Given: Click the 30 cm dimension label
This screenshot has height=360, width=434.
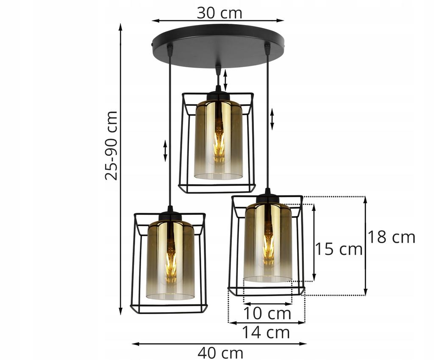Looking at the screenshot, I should pos(219,13).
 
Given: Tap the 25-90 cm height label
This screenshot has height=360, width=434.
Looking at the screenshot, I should pos(111,145).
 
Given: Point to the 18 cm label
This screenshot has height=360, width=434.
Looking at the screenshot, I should pos(391,237).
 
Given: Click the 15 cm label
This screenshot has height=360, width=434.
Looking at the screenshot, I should pos(338,249).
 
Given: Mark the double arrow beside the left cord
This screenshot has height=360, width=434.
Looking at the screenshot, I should pos(165,151).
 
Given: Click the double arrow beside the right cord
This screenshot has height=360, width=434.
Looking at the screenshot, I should pos(272,119).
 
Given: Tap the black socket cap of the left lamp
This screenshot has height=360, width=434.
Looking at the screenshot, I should pos(170,216).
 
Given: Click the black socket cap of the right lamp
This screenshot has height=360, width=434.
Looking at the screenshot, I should pos(267,199).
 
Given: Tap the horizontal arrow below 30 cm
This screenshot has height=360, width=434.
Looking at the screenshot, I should pos(218,20).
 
